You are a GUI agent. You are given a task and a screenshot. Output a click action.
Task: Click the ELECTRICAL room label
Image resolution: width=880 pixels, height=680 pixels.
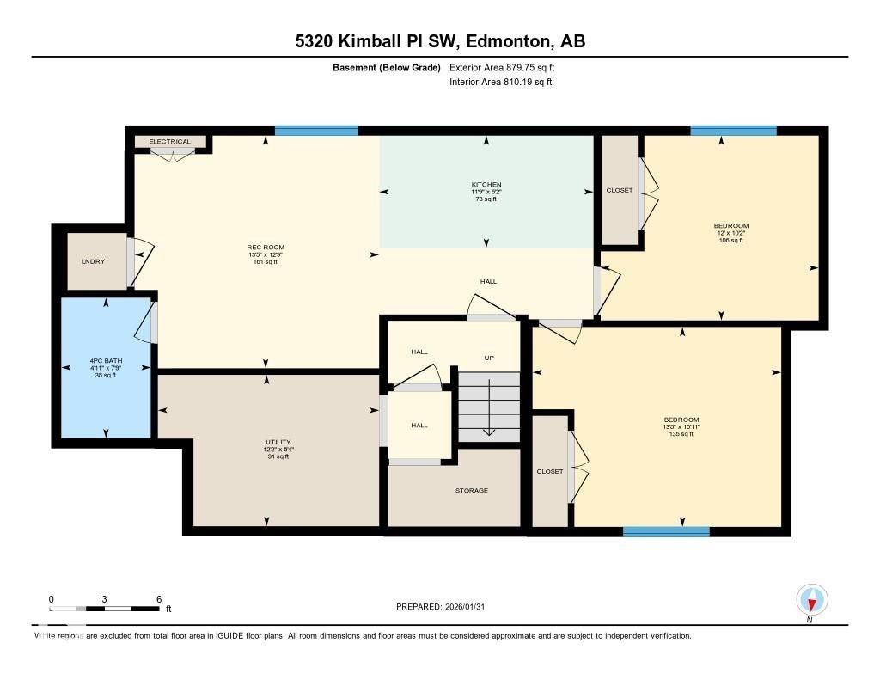click(x=169, y=142)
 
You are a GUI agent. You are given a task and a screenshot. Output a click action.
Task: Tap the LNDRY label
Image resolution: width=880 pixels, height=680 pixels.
click(x=93, y=261)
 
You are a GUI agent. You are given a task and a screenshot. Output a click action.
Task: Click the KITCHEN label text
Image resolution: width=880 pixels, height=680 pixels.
click(x=486, y=185)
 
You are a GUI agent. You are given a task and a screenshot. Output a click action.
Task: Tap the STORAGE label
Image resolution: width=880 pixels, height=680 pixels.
click(x=471, y=490)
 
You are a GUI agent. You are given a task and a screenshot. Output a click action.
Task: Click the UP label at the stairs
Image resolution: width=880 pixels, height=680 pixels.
click(x=488, y=358)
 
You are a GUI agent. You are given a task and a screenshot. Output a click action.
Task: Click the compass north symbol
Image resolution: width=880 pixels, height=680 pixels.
click(x=811, y=599)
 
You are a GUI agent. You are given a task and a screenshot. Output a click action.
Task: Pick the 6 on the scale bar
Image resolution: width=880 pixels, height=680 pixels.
click(x=159, y=598)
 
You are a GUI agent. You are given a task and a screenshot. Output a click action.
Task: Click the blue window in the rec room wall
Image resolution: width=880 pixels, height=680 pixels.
click(x=315, y=131)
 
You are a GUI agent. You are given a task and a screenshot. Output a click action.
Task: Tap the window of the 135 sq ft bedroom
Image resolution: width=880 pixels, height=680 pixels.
click(x=666, y=532)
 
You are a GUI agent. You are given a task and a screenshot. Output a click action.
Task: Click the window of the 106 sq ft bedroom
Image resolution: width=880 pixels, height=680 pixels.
click(x=733, y=131)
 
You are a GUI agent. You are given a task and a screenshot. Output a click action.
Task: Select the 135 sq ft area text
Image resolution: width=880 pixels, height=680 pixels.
click(x=680, y=434)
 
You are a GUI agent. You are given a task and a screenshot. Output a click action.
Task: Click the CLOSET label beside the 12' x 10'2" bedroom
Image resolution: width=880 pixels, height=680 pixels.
click(x=619, y=190)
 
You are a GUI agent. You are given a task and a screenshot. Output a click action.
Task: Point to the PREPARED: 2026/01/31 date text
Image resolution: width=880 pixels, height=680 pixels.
click(x=445, y=607)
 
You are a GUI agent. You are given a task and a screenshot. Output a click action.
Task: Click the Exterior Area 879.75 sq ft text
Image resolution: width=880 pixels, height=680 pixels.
click(x=508, y=67)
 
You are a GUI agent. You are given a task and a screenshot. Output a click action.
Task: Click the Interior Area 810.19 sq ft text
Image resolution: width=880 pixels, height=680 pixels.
click(x=500, y=83)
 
